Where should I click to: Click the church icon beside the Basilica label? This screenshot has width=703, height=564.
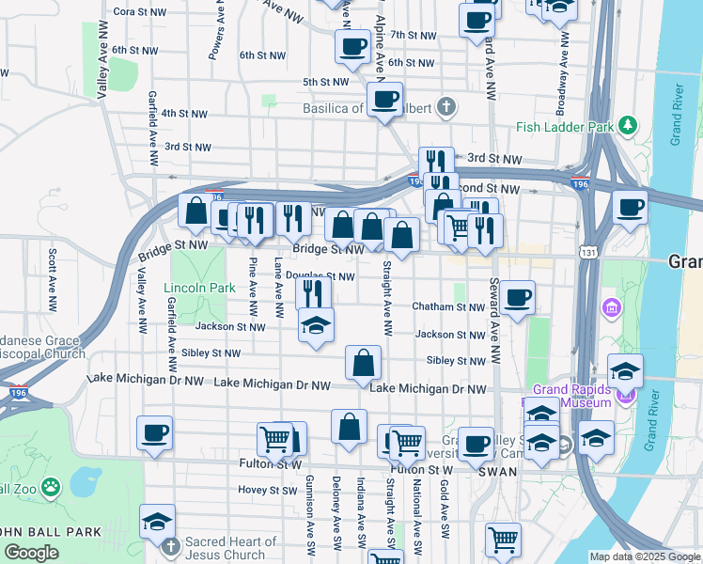pyautogui.click(x=445, y=107)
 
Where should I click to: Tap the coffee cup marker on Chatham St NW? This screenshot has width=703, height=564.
pyautogui.click(x=517, y=298)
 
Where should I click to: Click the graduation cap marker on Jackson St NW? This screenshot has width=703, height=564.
pyautogui.click(x=316, y=326)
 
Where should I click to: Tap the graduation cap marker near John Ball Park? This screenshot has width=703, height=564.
pyautogui.click(x=157, y=522)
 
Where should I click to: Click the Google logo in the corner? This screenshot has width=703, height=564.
pyautogui.click(x=31, y=553)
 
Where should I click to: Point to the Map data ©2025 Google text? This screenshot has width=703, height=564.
pyautogui.click(x=644, y=556)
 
